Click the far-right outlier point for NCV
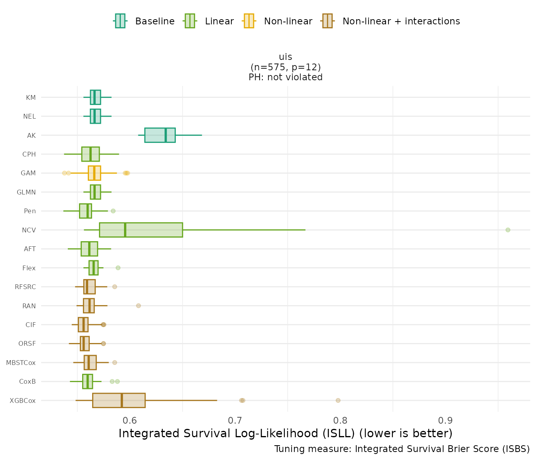508,230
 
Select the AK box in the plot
160,135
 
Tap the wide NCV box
141,230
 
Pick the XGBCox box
118,401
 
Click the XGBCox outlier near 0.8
338,401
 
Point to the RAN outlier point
138,306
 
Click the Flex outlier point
118,268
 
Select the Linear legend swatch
189,21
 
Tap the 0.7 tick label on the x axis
235,420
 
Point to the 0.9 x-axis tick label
445,420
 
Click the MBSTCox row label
21,363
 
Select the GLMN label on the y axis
26,192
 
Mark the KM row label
31,97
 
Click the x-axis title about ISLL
285,434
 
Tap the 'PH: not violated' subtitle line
286,77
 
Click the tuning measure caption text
402,449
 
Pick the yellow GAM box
94,173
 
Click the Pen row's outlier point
113,211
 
